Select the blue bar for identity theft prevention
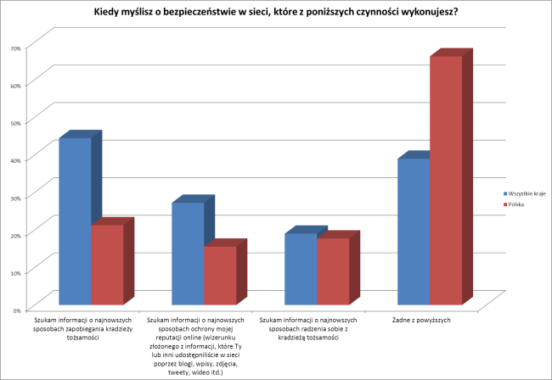(x=75, y=221)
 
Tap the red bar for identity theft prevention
(x=107, y=264)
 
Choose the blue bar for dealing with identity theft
(x=301, y=268)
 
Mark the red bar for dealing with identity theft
(x=333, y=271)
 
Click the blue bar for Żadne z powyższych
(x=414, y=231)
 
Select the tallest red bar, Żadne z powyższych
(x=446, y=179)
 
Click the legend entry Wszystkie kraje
(x=527, y=194)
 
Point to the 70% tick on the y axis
(x=15, y=47)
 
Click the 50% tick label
(x=15, y=122)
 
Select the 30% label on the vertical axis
(x=15, y=197)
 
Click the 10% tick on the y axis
(x=15, y=271)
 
